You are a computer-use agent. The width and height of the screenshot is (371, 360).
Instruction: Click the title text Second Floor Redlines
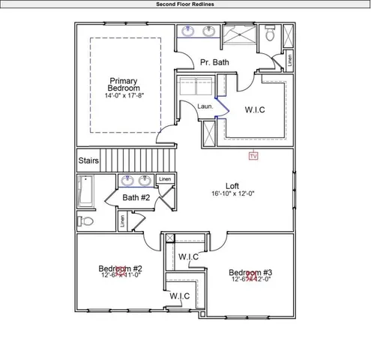tap(185, 4)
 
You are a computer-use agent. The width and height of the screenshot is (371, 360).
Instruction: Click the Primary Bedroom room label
tap(124, 85)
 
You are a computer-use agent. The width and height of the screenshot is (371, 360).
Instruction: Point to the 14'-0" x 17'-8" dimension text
tap(124, 95)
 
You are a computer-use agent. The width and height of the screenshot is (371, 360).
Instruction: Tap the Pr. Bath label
tap(214, 62)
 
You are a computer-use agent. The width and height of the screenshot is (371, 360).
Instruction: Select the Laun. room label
tap(205, 106)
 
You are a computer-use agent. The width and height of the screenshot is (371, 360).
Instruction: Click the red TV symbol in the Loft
tap(253, 156)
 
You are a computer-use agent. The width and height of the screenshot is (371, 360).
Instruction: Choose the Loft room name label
tap(232, 185)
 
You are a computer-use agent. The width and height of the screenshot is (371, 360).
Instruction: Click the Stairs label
tap(89, 160)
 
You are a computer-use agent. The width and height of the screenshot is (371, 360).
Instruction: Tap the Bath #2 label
tap(136, 197)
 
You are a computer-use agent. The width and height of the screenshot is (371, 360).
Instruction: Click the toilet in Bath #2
tap(85, 221)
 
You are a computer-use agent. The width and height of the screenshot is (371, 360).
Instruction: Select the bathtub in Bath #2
tap(85, 193)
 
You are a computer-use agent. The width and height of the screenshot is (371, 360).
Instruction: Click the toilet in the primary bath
tap(271, 34)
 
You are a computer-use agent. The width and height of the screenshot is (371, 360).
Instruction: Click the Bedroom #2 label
tap(121, 268)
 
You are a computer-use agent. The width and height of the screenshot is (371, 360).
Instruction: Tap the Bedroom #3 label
tap(250, 273)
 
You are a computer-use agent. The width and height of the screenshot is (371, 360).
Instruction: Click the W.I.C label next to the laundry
tap(255, 109)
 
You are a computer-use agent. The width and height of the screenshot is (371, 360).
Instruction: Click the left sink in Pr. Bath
tap(188, 31)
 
